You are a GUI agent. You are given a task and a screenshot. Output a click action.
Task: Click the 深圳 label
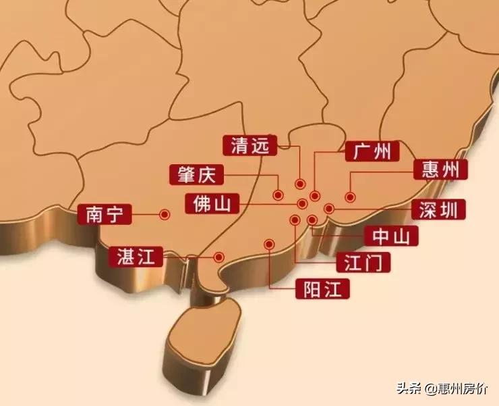[x=438, y=210]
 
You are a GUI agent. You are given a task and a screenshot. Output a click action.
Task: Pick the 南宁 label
[x=104, y=215]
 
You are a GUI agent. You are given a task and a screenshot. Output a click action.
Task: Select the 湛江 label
[x=136, y=257]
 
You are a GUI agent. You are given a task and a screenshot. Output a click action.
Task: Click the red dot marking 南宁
[x=163, y=214]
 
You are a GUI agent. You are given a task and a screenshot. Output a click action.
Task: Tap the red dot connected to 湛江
[x=218, y=257]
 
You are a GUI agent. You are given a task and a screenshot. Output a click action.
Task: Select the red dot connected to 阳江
[x=270, y=244]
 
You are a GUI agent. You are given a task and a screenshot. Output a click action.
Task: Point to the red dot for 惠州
[x=350, y=197]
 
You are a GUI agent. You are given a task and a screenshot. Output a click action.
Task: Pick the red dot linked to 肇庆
[x=278, y=195]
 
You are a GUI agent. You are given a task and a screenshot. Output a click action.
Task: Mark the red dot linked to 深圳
[x=329, y=208]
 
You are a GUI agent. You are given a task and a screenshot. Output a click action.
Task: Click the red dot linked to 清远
[x=299, y=184]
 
